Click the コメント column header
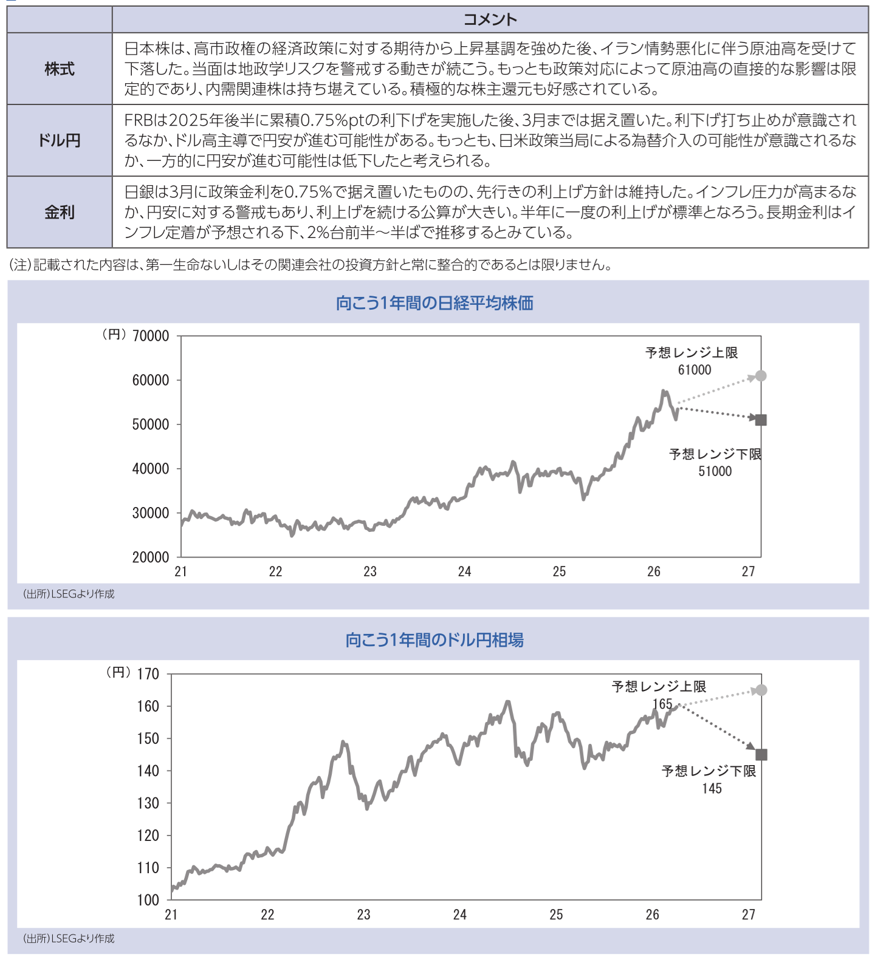[x=490, y=19]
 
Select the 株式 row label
[x=60, y=69]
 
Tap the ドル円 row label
[x=60, y=141]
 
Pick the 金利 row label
[x=60, y=213]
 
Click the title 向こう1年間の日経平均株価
[x=434, y=302]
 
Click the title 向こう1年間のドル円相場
[x=434, y=639]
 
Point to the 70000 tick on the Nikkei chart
[x=151, y=336]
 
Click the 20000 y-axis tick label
[x=151, y=557]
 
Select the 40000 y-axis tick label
[x=151, y=469]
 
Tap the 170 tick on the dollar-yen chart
[x=148, y=674]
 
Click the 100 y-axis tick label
[x=148, y=900]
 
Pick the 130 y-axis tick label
[x=148, y=803]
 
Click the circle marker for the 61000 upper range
[x=761, y=376]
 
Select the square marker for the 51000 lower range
[x=761, y=420]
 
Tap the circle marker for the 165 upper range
[x=761, y=690]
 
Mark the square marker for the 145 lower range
[x=761, y=755]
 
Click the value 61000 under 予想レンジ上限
[x=694, y=370]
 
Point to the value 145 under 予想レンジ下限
[x=712, y=789]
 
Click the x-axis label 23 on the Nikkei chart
[x=370, y=571]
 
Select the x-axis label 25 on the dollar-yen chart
[x=556, y=914]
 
